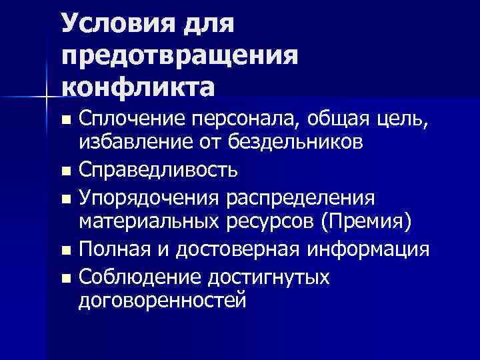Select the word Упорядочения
pyautogui.click(x=148, y=198)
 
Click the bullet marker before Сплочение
pyautogui.click(x=65, y=121)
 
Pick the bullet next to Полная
pyautogui.click(x=65, y=251)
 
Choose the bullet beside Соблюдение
pyautogui.click(x=65, y=278)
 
